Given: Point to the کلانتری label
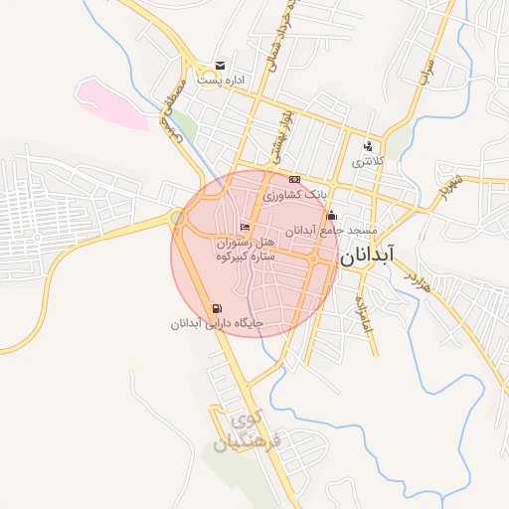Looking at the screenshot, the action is click(x=367, y=161).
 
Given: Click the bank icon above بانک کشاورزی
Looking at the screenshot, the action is click(x=293, y=179).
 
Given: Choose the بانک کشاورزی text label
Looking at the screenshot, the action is click(x=294, y=194).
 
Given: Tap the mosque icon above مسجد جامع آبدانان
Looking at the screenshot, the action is click(x=331, y=216).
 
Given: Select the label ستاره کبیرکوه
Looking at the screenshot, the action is click(x=245, y=256).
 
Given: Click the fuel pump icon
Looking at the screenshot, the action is click(x=217, y=308).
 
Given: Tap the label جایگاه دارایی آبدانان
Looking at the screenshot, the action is click(x=216, y=323).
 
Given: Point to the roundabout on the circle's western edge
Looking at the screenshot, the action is click(x=177, y=218).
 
